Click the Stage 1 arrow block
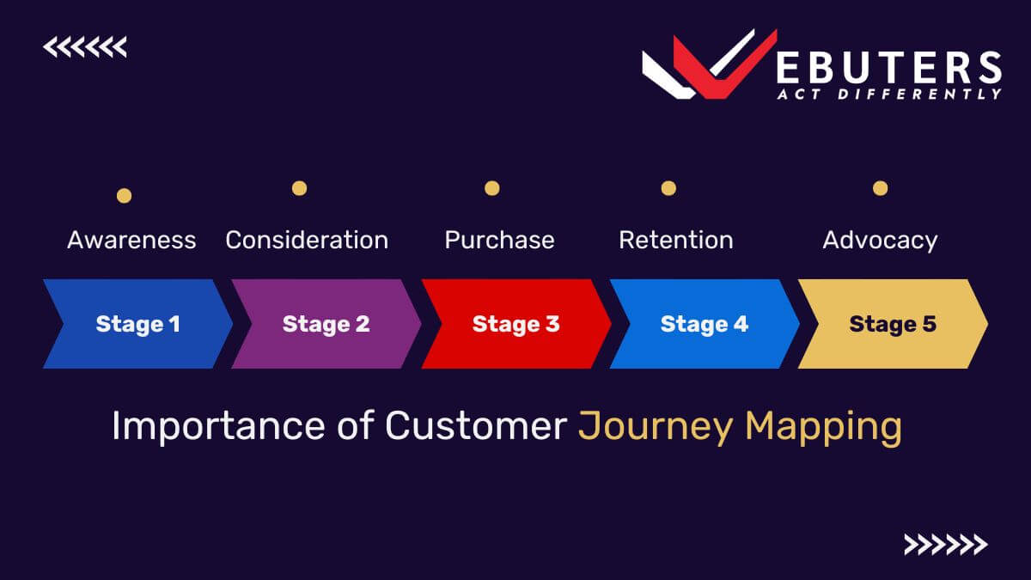(137, 324)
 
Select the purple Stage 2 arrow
(326, 324)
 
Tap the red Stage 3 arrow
(515, 324)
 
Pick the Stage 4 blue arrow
(705, 324)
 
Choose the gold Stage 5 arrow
(893, 324)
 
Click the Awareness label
(131, 240)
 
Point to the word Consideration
(307, 240)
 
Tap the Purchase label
(499, 240)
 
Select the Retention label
(676, 240)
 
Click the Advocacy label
(880, 240)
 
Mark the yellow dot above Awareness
(124, 196)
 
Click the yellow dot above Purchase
(491, 187)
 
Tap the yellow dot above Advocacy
(880, 187)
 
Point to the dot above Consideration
(299, 187)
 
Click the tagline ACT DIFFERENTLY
(888, 94)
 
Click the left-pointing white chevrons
(84, 47)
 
